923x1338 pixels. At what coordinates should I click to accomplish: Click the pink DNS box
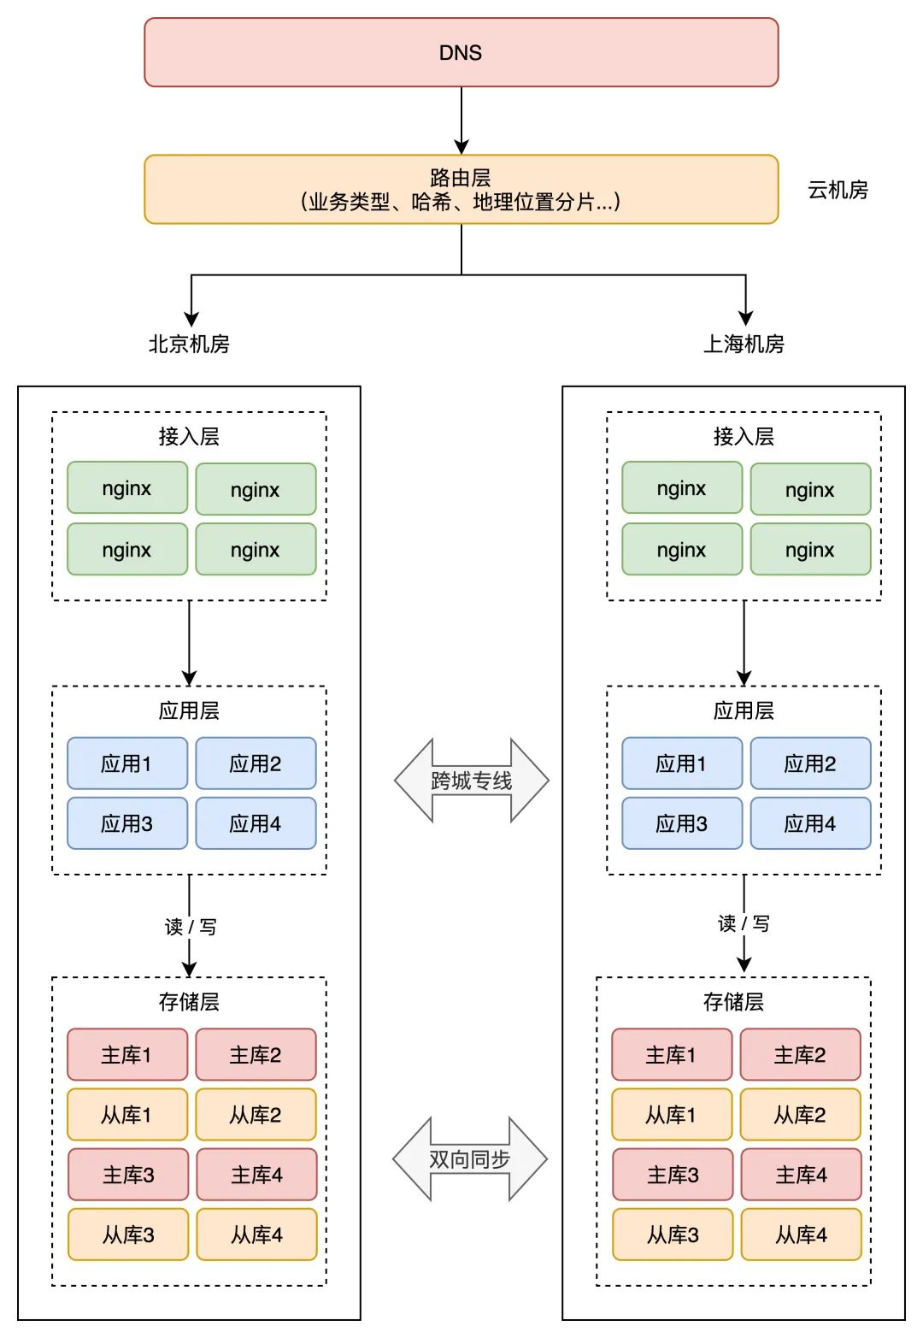[x=461, y=52]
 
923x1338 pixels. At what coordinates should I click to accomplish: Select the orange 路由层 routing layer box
[x=461, y=189]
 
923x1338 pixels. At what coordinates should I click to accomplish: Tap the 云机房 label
[x=838, y=190]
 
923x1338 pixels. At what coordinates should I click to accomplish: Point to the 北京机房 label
[x=189, y=344]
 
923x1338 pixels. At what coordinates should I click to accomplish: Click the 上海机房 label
[x=744, y=344]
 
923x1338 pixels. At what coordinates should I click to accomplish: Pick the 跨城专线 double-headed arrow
[x=471, y=780]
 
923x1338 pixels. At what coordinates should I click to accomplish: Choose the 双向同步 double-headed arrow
[x=470, y=1158]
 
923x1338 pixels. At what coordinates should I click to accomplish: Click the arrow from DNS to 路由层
[x=461, y=121]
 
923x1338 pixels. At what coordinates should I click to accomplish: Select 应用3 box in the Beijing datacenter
[x=127, y=823]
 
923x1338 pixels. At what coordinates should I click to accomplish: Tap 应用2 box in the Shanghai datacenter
[x=810, y=763]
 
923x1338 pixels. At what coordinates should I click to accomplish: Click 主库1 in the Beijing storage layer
[x=127, y=1054]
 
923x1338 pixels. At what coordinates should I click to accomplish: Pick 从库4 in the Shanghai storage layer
[x=801, y=1234]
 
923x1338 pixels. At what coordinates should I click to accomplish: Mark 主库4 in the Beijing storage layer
[x=256, y=1175]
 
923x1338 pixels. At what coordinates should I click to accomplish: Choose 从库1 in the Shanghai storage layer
[x=672, y=1114]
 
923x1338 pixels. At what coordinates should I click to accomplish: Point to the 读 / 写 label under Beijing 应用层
[x=191, y=927]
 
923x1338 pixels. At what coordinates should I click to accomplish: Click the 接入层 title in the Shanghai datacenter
[x=744, y=436]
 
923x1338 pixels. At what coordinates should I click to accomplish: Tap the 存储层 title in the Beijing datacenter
[x=189, y=1001]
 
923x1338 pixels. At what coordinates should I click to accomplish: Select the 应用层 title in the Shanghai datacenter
[x=744, y=710]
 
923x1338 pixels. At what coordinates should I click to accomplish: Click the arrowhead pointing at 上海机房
[x=746, y=318]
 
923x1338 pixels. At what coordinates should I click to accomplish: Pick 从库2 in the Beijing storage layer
[x=256, y=1114]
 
